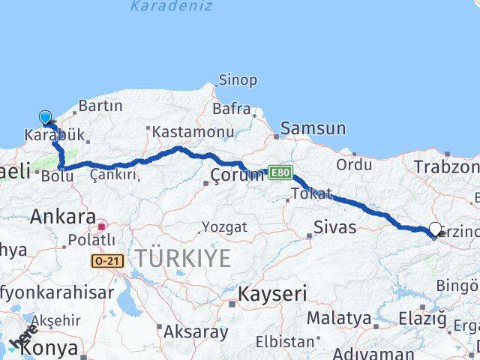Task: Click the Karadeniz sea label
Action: (171, 7)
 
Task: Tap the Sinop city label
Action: (237, 79)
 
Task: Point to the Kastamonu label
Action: (193, 132)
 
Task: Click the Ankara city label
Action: (63, 217)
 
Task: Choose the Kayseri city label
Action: (272, 295)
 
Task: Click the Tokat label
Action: (311, 193)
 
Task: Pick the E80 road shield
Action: (278, 172)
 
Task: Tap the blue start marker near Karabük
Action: (46, 117)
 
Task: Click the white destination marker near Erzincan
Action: (436, 229)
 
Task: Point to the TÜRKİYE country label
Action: (183, 259)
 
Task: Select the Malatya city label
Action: (339, 319)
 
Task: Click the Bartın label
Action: (100, 106)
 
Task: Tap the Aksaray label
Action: (196, 331)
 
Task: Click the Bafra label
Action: (232, 109)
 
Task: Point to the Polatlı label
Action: (91, 240)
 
